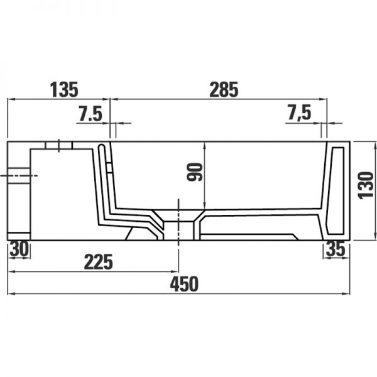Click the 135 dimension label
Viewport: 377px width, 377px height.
click(x=64, y=89)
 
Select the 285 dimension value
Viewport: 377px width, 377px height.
click(x=224, y=89)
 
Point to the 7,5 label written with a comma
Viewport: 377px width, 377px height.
click(x=299, y=112)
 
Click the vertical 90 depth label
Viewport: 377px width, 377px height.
click(x=195, y=172)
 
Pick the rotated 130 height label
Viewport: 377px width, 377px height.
click(x=366, y=185)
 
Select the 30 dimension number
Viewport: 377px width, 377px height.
click(x=19, y=249)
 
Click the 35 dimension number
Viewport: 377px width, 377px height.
click(x=336, y=249)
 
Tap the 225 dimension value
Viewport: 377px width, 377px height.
click(x=99, y=262)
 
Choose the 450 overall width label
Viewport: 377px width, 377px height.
click(x=184, y=284)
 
